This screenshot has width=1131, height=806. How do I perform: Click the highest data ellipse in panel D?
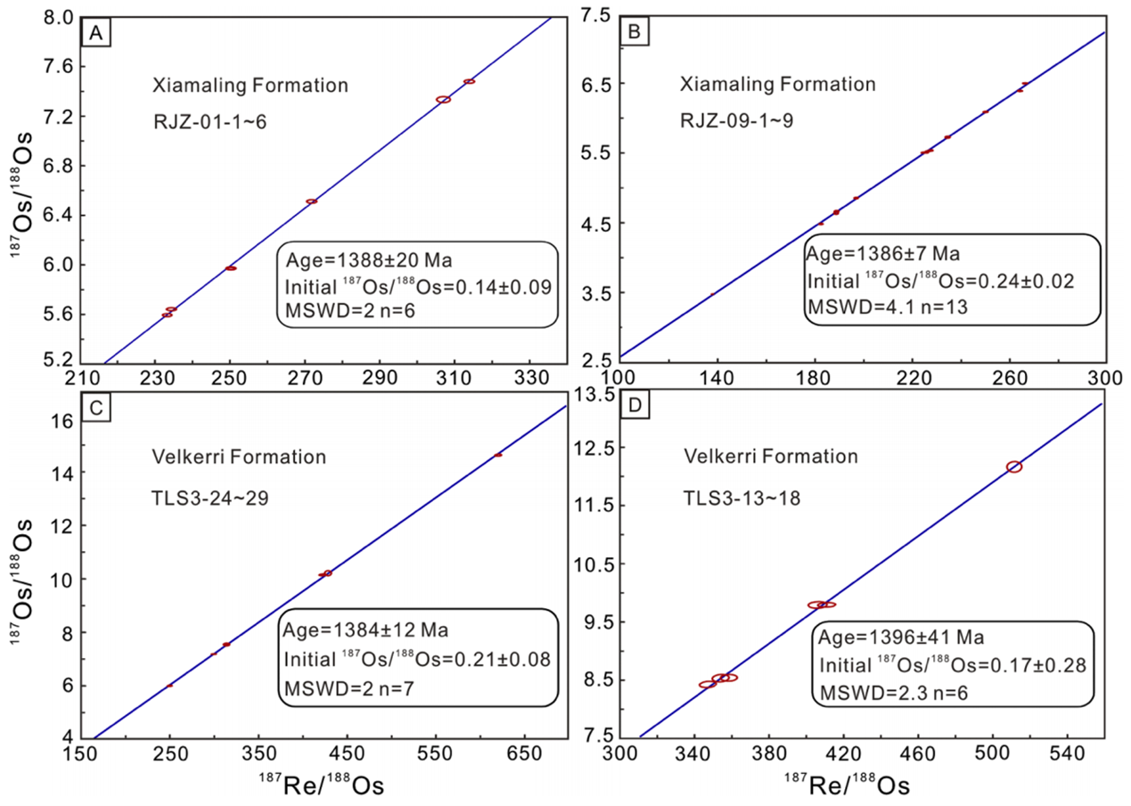click(1013, 466)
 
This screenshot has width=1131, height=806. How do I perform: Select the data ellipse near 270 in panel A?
click(312, 201)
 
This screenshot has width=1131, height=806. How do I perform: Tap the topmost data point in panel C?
click(498, 455)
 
